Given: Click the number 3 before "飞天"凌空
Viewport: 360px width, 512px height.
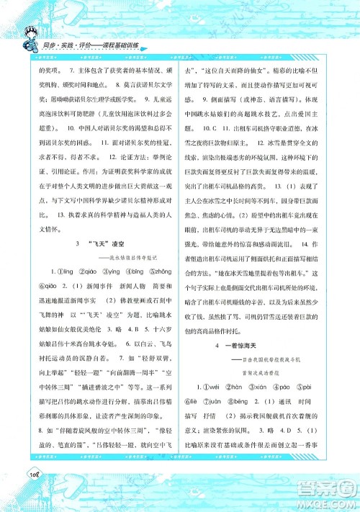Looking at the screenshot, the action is (76, 246).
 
